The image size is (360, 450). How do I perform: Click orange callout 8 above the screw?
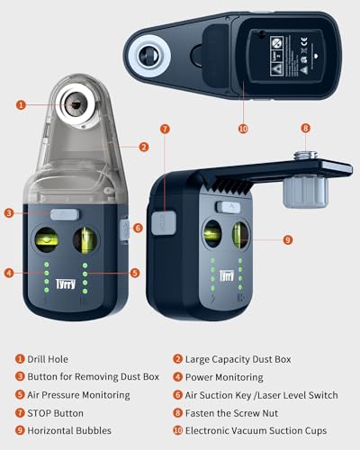(305, 129)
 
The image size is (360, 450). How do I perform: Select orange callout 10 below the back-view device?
(243, 129)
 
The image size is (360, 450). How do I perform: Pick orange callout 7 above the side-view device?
(165, 129)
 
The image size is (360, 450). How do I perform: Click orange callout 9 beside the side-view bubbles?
(288, 240)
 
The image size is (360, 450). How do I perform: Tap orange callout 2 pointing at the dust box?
(143, 147)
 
